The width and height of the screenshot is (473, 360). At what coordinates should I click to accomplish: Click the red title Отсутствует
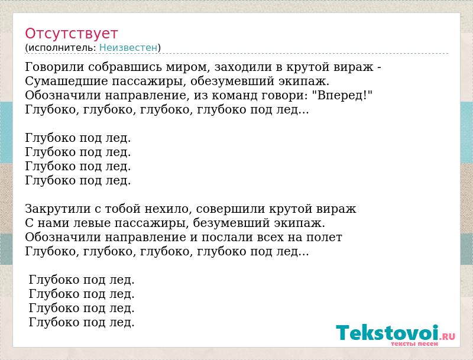[x=71, y=33]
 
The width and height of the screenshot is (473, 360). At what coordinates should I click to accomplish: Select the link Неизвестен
[x=128, y=47]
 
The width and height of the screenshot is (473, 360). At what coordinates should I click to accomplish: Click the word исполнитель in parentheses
[x=63, y=47]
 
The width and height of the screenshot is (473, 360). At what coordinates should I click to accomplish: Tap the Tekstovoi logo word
[x=387, y=333]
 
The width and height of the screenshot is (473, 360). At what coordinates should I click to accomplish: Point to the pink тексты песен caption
[x=414, y=343]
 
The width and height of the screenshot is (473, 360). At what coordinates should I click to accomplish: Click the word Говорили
[x=54, y=67]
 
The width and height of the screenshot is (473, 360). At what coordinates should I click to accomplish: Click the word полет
[x=324, y=237]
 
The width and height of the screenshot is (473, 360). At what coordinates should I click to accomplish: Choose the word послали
[x=227, y=237]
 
